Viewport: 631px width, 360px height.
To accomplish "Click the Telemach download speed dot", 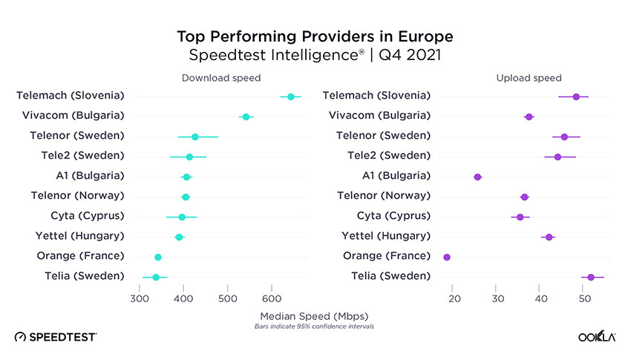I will (290, 96).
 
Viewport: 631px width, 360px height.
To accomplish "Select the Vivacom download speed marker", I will (246, 117).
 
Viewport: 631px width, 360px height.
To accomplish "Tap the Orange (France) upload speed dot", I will (447, 257).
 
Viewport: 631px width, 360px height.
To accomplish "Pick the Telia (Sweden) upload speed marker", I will (591, 277).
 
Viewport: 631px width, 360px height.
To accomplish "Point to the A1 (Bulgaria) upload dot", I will (477, 177).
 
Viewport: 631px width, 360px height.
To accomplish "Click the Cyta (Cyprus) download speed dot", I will (182, 217).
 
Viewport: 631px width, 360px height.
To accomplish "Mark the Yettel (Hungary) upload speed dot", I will (549, 237).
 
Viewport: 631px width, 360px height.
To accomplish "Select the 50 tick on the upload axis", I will (584, 298).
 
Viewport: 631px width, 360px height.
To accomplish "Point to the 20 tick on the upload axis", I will (454, 298).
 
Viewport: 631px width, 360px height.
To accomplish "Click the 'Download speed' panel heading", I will (221, 78).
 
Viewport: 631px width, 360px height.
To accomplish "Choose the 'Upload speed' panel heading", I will (529, 78).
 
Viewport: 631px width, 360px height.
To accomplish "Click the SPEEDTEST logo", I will (56, 337).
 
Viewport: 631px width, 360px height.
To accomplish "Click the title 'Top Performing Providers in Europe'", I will (315, 36).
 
